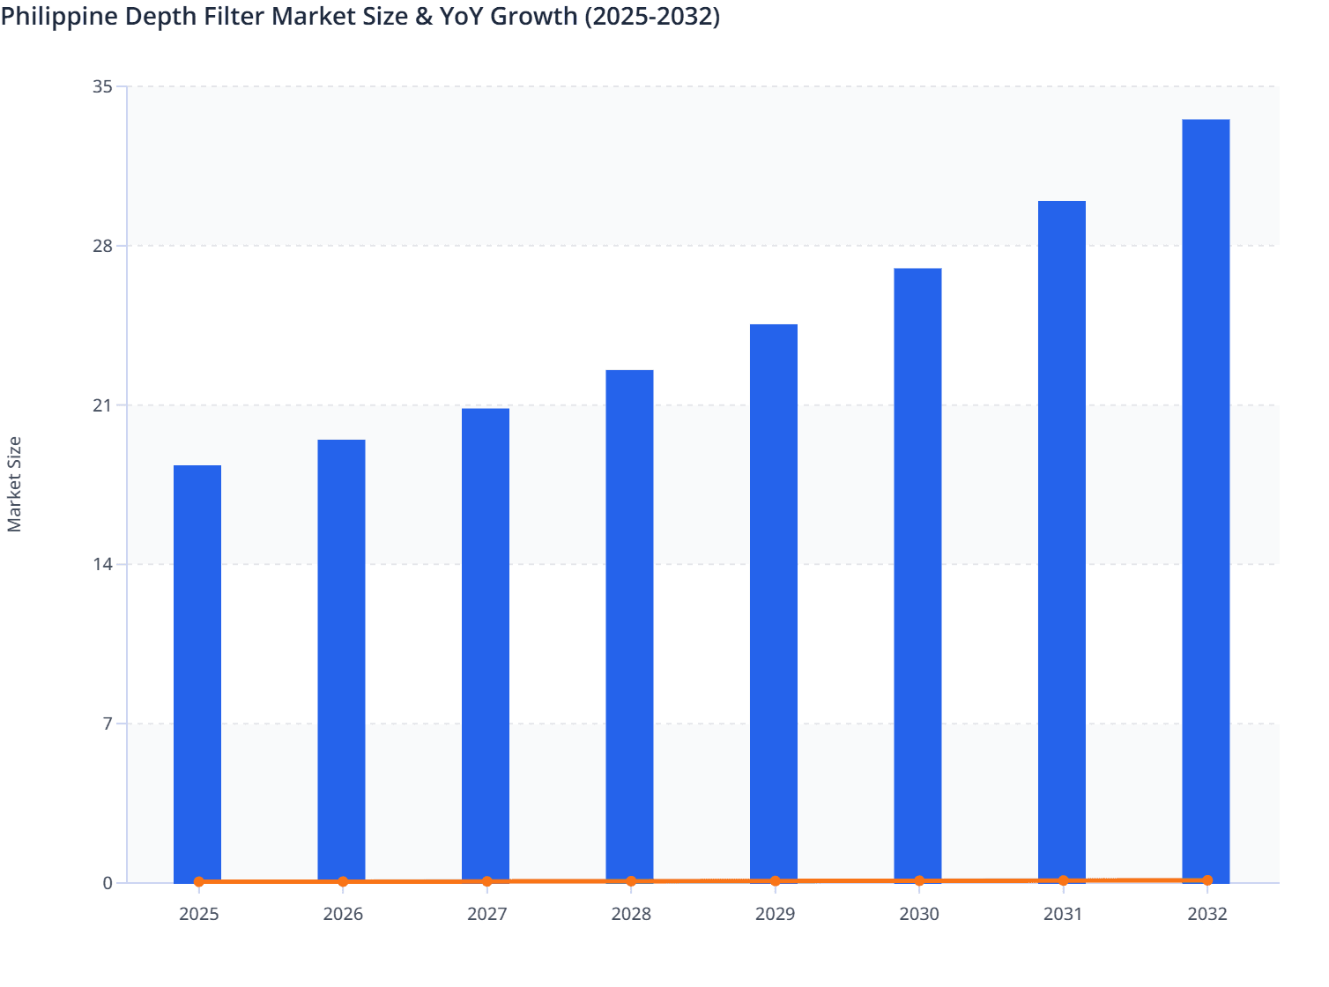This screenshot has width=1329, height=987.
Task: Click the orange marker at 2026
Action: (343, 881)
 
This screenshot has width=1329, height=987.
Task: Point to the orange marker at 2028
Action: (631, 881)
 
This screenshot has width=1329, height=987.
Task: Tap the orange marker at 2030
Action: (919, 880)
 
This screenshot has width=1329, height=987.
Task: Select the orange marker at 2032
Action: (1207, 880)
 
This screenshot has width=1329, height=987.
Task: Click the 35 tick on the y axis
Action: (102, 86)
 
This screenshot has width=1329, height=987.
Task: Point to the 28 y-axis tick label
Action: (102, 246)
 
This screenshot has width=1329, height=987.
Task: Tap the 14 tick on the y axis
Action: (102, 564)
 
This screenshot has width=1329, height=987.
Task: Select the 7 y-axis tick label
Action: (108, 724)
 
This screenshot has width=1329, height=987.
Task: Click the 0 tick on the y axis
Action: (108, 883)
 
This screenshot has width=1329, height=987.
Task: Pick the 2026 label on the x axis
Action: (343, 914)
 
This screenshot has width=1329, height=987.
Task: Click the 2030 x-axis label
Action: (919, 914)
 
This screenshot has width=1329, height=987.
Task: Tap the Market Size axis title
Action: (14, 485)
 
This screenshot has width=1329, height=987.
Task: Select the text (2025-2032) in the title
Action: (652, 16)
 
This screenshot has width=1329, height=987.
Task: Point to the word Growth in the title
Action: (534, 16)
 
